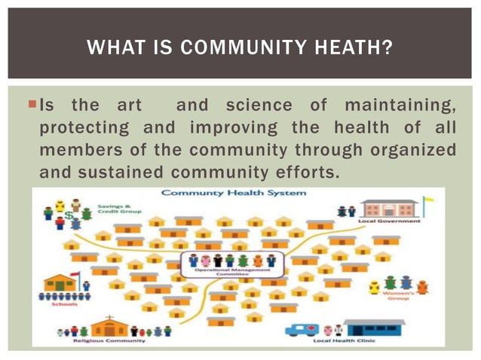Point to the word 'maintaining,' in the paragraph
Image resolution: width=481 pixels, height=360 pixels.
pyautogui.click(x=400, y=104)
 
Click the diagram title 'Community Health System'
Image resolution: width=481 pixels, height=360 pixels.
pyautogui.click(x=234, y=193)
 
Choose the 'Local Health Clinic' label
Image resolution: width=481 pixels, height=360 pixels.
pyautogui.click(x=345, y=340)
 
